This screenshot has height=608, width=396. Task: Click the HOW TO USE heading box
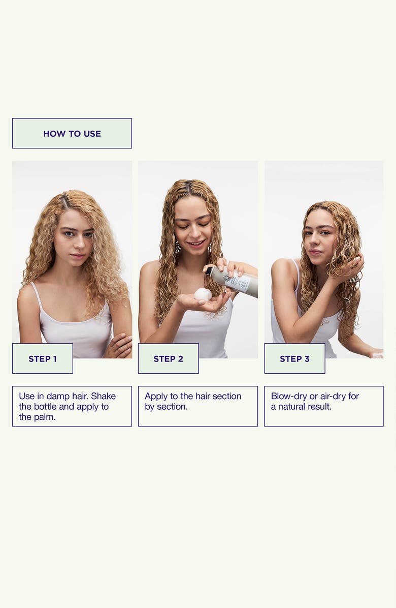(x=72, y=134)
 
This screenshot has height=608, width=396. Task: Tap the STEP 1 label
(x=43, y=359)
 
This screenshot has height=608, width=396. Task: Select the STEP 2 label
(x=168, y=359)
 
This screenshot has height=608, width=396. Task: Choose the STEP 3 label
(x=294, y=359)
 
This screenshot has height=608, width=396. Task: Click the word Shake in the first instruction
(x=103, y=396)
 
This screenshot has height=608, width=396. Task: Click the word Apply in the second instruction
(x=156, y=397)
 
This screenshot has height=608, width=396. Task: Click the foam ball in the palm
(x=203, y=294)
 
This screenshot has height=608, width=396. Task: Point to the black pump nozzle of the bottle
(x=209, y=271)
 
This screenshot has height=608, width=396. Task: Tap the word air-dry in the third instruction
(x=333, y=396)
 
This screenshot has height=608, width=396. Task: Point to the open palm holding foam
(x=204, y=303)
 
